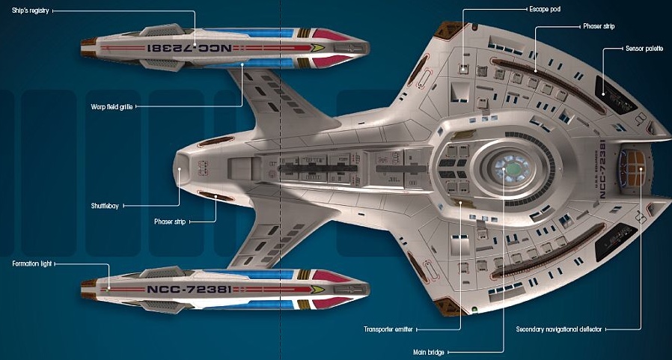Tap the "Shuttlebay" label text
coord(105,205)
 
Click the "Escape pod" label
coord(545,10)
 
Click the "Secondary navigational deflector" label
coord(558,329)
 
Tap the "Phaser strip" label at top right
coord(598,25)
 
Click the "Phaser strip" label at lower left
coord(170,222)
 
